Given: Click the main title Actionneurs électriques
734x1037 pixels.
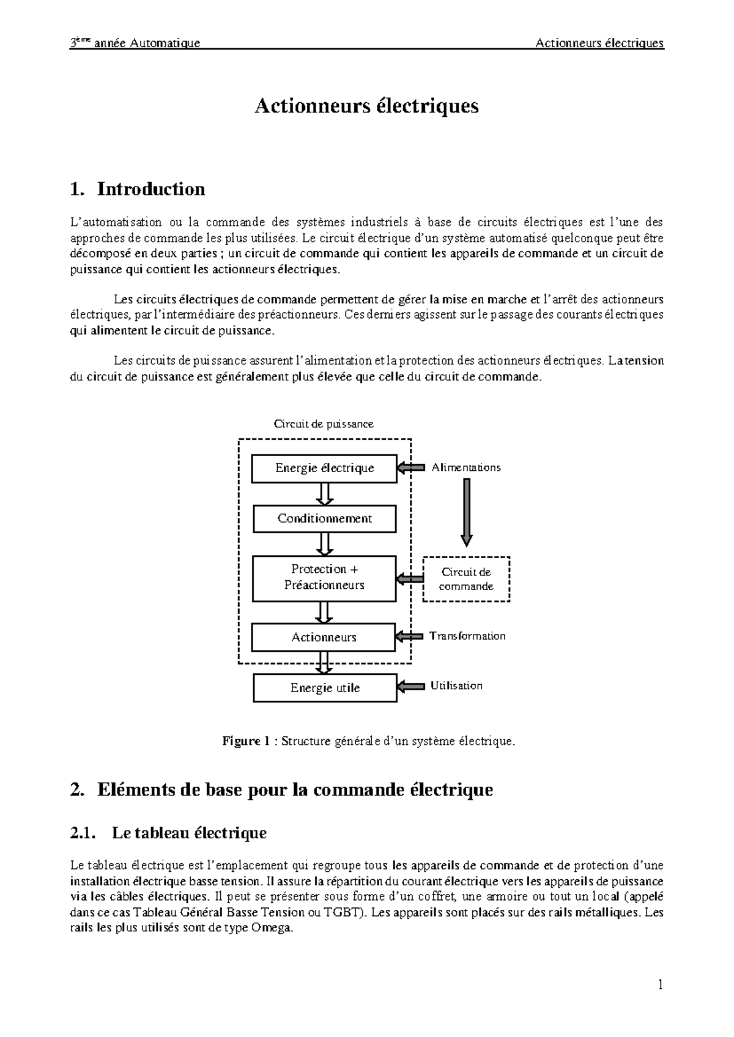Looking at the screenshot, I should pos(366,106).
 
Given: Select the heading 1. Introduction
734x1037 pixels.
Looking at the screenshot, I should pos(138,189).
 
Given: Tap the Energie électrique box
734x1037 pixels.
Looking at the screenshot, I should pos(324,468).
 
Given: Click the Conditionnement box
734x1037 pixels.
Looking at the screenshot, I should pos(324,518).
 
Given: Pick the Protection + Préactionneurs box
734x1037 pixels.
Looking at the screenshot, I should pos(324,577).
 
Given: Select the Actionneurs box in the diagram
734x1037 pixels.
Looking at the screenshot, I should pos(324,637).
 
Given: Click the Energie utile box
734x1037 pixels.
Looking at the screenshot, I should pos(325,688).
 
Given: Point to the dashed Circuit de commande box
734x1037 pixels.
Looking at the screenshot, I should pos(466,579).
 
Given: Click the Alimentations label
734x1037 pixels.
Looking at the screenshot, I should pos(466,468).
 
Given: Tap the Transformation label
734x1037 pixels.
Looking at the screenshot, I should pos(467,636).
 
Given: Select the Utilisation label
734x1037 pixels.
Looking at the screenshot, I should pos(456,686).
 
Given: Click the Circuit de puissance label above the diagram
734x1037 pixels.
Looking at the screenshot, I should pos(324,424).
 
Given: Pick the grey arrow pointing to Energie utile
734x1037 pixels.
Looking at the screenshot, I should pos(410,687).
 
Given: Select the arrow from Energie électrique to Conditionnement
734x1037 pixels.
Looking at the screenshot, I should pos(325,493).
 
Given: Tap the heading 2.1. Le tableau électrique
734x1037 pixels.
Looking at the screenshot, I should pos(169,833).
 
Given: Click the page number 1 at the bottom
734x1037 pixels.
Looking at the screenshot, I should pos(661,985).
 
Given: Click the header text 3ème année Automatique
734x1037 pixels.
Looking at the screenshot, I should pos(135,43).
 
